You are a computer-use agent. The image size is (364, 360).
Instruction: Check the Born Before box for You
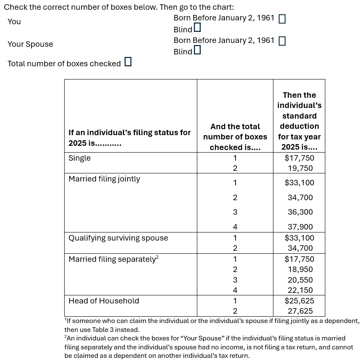click(282, 19)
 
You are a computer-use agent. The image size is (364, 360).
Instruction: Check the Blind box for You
click(197, 28)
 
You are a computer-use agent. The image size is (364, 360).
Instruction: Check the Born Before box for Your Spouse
click(282, 41)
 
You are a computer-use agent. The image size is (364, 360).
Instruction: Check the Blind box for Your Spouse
click(197, 50)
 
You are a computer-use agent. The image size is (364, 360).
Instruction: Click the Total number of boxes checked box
click(128, 62)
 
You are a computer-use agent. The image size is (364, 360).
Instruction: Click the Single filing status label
click(80, 158)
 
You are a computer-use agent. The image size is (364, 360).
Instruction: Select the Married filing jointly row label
click(104, 179)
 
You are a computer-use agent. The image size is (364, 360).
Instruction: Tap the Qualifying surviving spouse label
click(118, 238)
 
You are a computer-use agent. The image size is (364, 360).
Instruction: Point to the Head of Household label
click(104, 301)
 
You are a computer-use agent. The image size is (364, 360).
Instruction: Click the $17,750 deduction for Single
click(299, 158)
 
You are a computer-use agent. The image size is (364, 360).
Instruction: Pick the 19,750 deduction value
click(300, 168)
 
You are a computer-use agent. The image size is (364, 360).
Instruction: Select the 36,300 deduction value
click(300, 212)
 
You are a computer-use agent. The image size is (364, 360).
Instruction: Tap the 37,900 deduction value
click(300, 227)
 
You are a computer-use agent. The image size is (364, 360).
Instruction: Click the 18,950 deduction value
click(300, 269)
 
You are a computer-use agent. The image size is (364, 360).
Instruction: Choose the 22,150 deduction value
click(300, 291)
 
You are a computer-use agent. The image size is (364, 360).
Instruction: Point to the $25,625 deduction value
click(299, 301)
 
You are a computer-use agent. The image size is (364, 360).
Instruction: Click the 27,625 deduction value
click(300, 311)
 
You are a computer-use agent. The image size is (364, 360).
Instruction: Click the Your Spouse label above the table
click(30, 44)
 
